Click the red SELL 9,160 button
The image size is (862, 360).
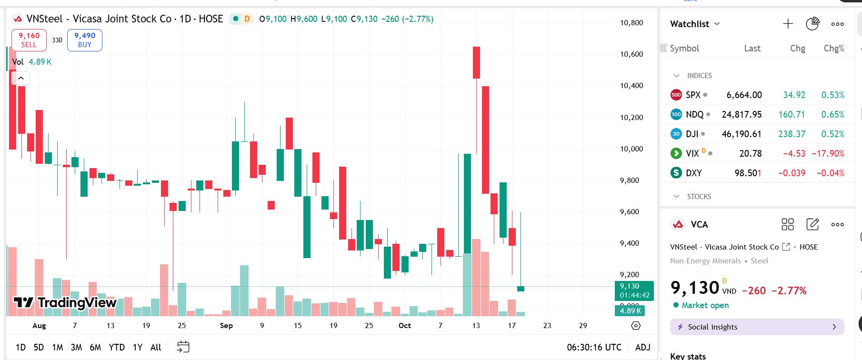29,40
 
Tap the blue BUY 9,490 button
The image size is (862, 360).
85,40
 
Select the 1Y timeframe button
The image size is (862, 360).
138,347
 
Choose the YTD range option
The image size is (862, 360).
117,347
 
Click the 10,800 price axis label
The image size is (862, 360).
631,22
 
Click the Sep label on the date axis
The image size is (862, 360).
226,326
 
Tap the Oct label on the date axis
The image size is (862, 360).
404,326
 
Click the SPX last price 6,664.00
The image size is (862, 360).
744,95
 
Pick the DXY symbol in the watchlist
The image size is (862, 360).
693,173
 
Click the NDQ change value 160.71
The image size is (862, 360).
792,114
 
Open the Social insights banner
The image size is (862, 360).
757,327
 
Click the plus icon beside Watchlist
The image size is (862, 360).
788,24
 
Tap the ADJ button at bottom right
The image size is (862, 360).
643,347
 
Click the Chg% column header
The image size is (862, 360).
833,48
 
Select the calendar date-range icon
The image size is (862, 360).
183,347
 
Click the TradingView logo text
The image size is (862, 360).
65,303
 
